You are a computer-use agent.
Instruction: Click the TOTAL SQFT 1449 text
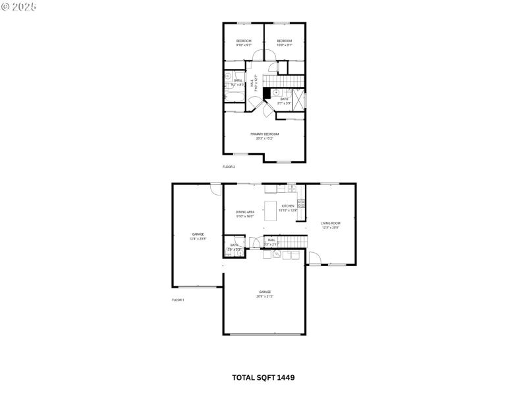point(263,378)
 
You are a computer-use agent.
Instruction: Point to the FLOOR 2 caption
point(229,167)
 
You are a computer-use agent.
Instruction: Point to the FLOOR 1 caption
point(178,300)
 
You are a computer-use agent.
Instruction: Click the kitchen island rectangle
point(271,211)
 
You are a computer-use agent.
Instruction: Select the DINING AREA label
point(245,213)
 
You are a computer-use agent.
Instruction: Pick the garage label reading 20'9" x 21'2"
point(265,294)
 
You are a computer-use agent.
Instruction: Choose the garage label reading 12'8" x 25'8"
point(198,236)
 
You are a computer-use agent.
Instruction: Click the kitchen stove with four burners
point(301,203)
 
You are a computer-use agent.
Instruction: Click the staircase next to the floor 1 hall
point(287,241)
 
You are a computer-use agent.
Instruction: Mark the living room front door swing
point(314,259)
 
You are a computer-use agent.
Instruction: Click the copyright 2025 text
point(19,6)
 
